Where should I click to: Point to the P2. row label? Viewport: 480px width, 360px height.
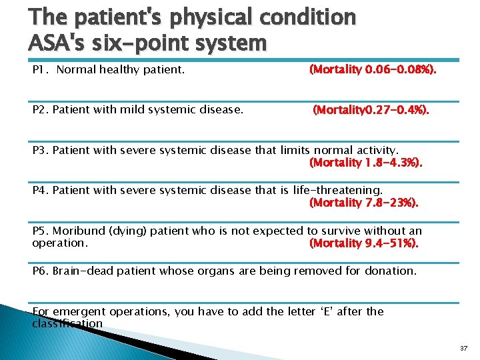[x=41, y=110]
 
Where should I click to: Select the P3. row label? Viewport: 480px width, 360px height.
[x=41, y=150]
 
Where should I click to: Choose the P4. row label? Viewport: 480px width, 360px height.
[x=41, y=190]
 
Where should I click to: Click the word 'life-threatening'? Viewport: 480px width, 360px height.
[x=337, y=190]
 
